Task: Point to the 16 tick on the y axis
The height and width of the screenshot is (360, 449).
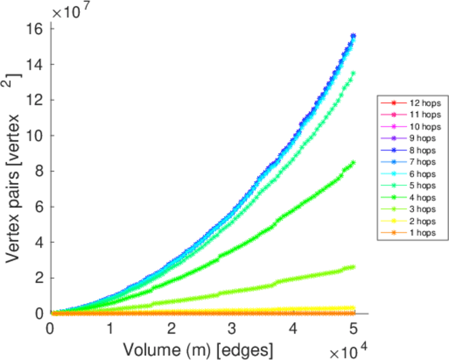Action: [x=35, y=28]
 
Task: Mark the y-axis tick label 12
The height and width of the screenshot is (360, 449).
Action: [x=35, y=100]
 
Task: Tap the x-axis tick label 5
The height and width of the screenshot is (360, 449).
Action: [x=354, y=329]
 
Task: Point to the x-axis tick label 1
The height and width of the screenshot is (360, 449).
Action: [x=111, y=329]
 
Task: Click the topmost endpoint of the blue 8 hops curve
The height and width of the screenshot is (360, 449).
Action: [x=354, y=36]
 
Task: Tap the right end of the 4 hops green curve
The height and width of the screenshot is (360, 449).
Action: [x=354, y=162]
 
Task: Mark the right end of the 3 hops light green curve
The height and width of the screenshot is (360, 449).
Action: [x=354, y=267]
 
